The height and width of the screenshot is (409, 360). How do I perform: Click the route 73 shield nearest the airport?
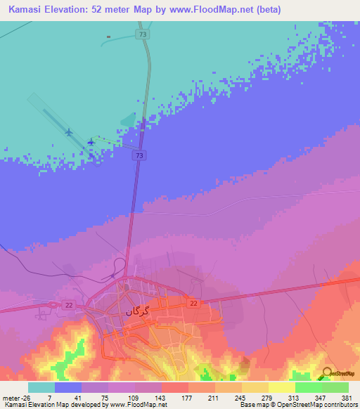pos(141,155)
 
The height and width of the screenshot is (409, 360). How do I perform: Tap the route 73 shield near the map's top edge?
pos(143,34)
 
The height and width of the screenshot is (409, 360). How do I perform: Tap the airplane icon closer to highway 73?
pos(91,143)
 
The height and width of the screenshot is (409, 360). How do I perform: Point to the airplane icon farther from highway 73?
pos(69,131)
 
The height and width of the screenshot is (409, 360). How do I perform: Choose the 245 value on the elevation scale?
pos(229,397)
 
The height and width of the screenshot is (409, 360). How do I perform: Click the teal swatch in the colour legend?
pos(41,387)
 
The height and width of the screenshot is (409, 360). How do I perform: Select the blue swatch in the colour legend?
pos(68,387)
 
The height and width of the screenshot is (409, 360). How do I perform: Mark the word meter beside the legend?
pos(10,397)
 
